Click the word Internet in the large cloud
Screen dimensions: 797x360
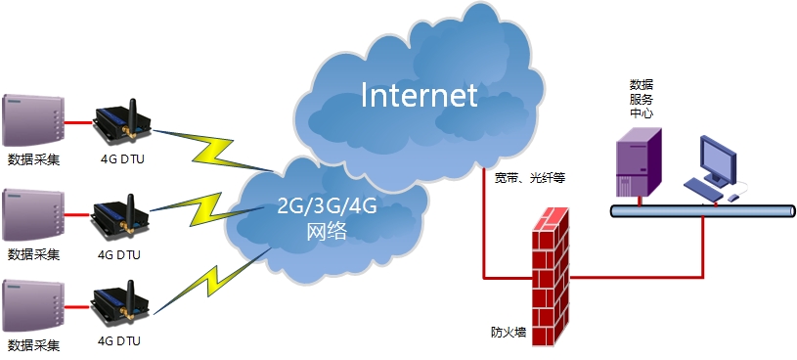419,95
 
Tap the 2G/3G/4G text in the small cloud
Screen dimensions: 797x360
326,206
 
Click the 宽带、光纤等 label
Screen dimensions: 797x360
530,178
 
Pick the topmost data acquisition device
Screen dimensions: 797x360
34,120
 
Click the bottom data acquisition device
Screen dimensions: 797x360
34,306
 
